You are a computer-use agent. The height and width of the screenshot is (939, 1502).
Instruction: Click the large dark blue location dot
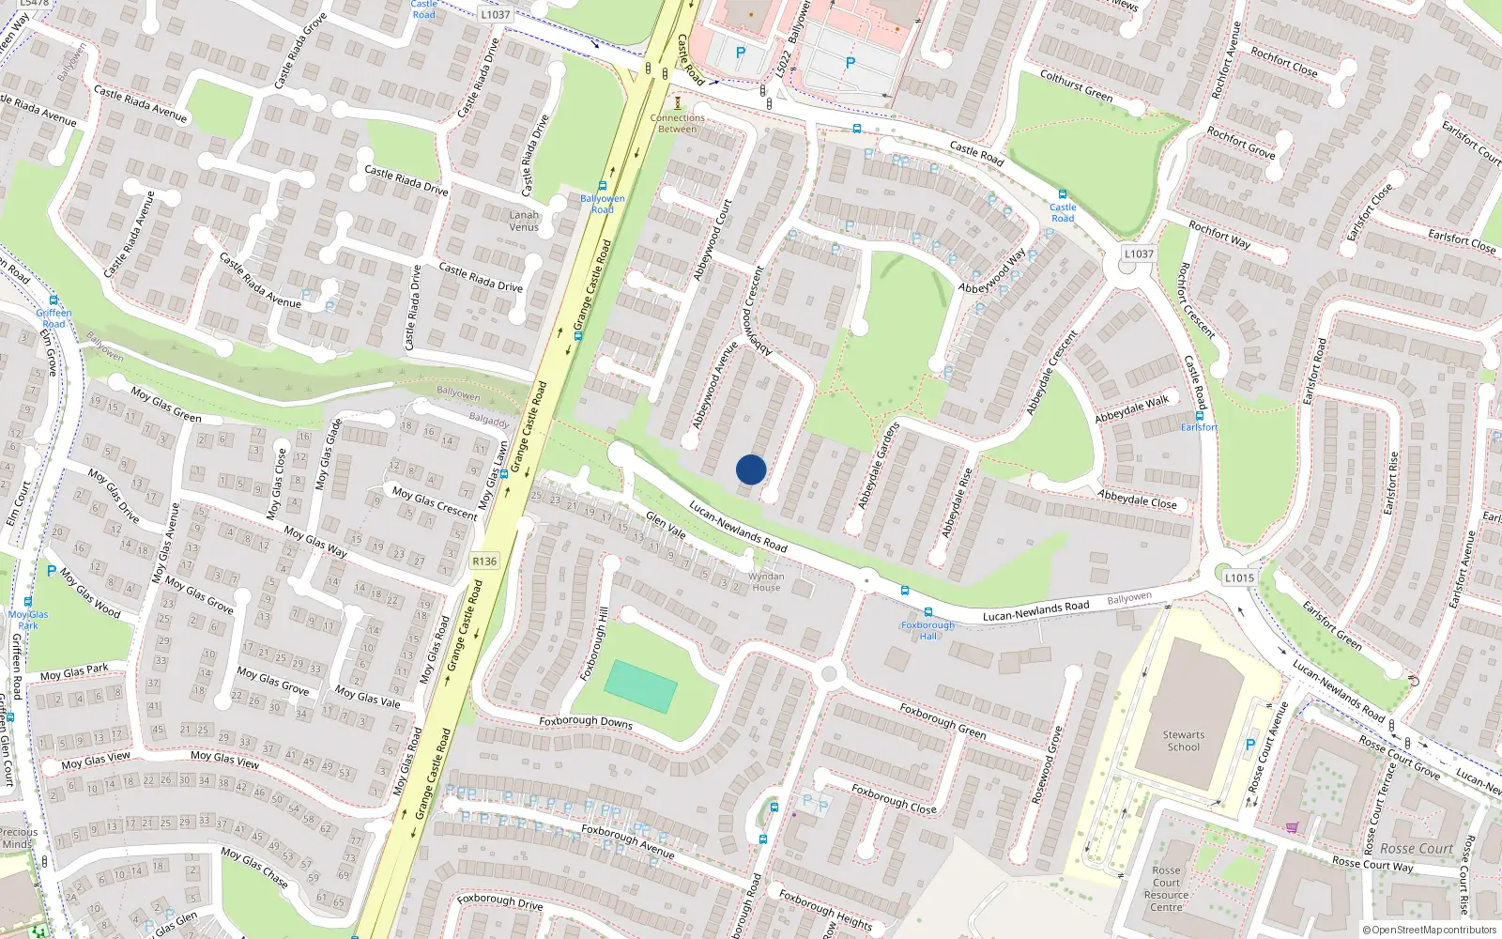point(751,469)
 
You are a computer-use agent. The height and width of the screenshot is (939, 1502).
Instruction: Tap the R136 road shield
point(484,562)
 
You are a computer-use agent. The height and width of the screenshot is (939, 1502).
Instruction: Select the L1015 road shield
point(1239,577)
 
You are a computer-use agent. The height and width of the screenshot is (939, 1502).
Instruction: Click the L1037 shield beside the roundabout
point(1139,254)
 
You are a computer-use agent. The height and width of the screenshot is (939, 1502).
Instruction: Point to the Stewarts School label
point(1183,741)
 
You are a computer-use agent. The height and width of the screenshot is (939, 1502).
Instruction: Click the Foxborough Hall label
point(927,630)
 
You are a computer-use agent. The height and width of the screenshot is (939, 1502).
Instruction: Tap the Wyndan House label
point(766,582)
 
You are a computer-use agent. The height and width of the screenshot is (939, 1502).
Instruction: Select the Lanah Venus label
point(524,221)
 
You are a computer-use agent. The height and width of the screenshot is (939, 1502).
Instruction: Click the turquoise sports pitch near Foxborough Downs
point(641,686)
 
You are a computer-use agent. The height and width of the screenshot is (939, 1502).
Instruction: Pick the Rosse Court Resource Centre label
point(1166,888)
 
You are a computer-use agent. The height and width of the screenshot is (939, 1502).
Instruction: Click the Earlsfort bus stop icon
point(1200,416)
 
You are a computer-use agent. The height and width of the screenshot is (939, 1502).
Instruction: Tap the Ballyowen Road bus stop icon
point(602,187)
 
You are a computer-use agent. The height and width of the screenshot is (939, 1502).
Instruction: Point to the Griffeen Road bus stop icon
point(54,301)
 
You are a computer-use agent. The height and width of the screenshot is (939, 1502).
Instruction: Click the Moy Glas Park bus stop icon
point(28,603)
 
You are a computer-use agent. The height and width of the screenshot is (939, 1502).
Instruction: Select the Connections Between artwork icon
point(677,102)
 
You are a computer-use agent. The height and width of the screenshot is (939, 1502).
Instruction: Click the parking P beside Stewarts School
point(1249,745)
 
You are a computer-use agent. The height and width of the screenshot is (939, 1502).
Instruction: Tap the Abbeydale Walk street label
point(1132,408)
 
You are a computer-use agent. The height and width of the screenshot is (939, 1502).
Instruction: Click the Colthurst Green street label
point(1076,85)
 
